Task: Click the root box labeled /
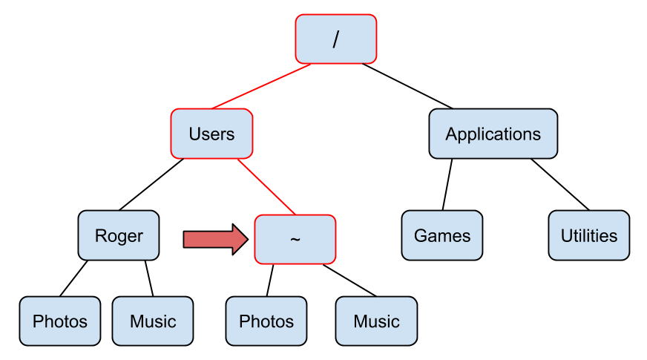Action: [336, 39]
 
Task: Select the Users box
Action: [211, 134]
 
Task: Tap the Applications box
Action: [493, 134]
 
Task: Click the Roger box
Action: [119, 235]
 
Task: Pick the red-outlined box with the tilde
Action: [295, 239]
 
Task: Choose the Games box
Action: [442, 235]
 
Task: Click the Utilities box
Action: [589, 235]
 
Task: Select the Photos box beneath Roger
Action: [59, 321]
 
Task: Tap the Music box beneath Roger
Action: [153, 321]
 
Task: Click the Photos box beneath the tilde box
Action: [266, 321]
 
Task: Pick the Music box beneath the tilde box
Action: [376, 321]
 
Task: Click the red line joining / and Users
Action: [260, 87]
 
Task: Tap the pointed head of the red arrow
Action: [240, 239]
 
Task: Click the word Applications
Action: [493, 134]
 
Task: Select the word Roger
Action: [119, 236]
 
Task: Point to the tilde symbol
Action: [295, 240]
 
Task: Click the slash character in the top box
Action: [336, 39]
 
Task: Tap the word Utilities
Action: [589, 236]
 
